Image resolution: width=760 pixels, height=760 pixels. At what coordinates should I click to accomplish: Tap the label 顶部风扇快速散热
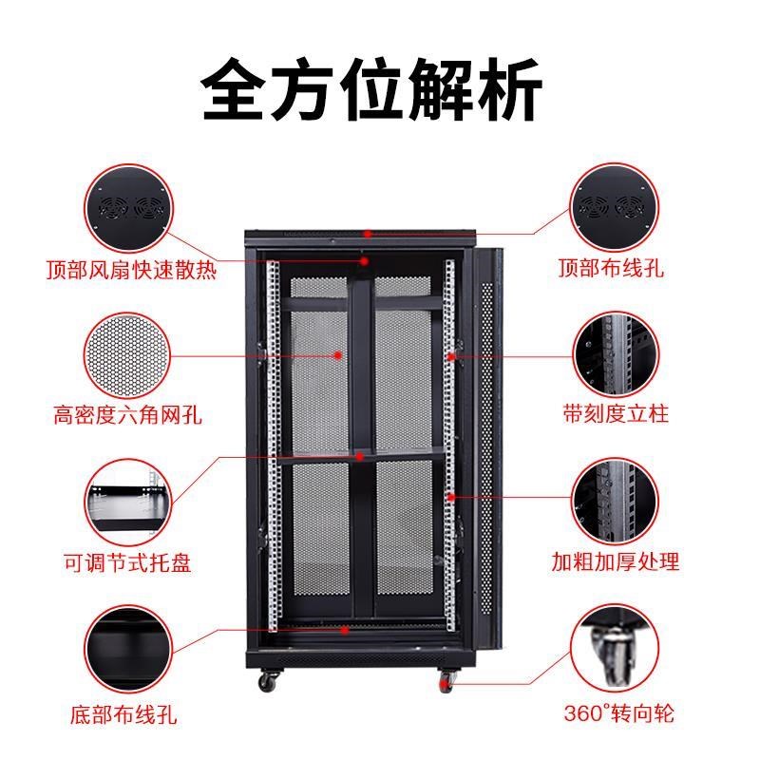(x=131, y=270)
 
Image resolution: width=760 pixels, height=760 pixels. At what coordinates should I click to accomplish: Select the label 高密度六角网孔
(x=128, y=414)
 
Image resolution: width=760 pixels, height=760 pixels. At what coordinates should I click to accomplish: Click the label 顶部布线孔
(x=610, y=269)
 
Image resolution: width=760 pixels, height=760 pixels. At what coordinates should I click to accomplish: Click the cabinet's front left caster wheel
(x=267, y=680)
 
